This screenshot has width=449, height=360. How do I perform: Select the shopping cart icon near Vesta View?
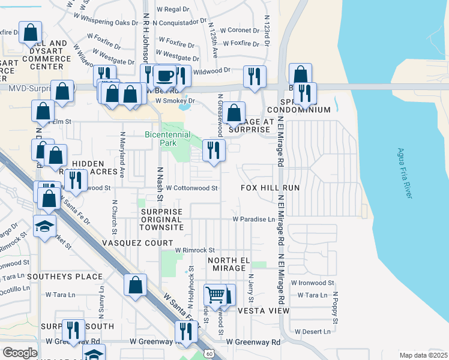click(215, 295)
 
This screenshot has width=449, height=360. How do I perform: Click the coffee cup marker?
click(165, 76)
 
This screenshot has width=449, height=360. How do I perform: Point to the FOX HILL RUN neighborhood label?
click(270, 188)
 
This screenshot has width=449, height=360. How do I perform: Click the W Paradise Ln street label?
click(253, 219)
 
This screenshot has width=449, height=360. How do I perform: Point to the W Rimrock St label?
click(194, 250)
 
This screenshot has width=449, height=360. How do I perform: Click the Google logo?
click(20, 353)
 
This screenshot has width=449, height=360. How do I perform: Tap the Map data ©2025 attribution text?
click(423, 355)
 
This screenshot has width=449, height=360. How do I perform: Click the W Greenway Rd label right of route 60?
click(253, 342)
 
